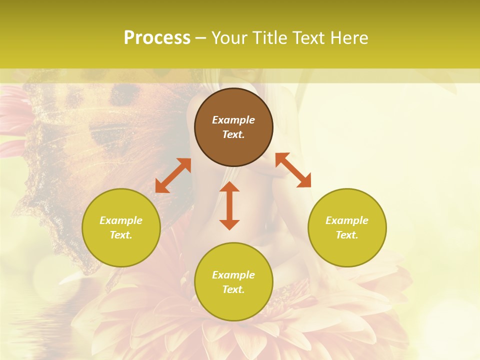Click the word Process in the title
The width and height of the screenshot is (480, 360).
(157, 38)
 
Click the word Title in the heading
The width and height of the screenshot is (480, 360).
(269, 38)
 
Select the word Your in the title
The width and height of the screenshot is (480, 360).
(231, 38)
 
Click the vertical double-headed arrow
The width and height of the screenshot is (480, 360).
(229, 206)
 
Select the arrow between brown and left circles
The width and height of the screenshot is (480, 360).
(173, 175)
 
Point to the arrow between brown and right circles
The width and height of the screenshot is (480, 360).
(293, 170)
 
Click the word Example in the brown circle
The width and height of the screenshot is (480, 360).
(233, 120)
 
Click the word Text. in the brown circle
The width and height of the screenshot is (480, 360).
(233, 134)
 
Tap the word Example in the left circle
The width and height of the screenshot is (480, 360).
(121, 220)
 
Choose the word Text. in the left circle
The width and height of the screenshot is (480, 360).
(121, 235)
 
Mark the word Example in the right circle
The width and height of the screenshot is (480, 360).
(347, 220)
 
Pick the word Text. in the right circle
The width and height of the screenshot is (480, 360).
(347, 235)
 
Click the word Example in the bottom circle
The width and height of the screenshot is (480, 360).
(233, 275)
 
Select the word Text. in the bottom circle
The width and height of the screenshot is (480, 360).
(233, 289)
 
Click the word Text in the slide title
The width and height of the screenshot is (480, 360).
(307, 38)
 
